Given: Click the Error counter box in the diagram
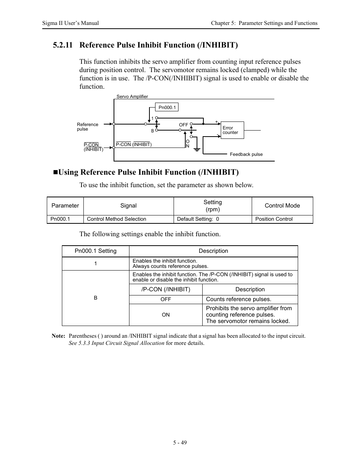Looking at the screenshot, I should [x=232, y=130].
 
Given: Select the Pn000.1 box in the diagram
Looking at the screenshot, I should [x=167, y=108].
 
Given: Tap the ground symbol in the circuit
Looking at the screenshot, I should [x=197, y=149].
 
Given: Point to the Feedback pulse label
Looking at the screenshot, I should [x=246, y=154].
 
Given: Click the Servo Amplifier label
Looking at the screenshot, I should [x=132, y=97].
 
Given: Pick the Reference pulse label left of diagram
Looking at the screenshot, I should [x=87, y=127].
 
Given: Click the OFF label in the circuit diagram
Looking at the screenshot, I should [x=183, y=125].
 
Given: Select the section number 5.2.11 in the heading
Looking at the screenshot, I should [x=62, y=45].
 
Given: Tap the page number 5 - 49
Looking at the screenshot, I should [x=180, y=443].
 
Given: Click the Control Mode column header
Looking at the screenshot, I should [x=282, y=206].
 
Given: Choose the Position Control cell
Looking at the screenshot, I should [x=274, y=219].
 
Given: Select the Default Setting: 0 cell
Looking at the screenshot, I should [x=198, y=219].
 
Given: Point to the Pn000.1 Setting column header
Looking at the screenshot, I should [x=95, y=251].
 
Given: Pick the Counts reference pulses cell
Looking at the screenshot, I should [x=238, y=300].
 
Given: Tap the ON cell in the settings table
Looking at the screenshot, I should [x=166, y=315].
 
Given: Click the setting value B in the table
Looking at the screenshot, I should [x=95, y=298].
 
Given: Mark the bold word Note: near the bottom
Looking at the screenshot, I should [x=58, y=336].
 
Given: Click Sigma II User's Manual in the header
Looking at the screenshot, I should [x=71, y=23].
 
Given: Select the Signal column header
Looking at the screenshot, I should [x=128, y=206].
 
